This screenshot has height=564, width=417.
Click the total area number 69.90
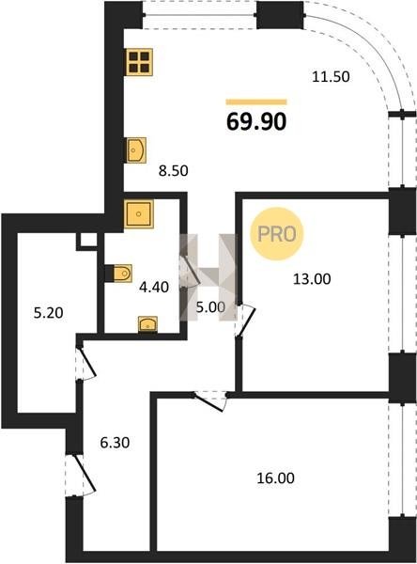click(x=256, y=121)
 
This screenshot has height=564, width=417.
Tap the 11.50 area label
click(x=331, y=77)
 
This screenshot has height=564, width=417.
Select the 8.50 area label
click(x=174, y=171)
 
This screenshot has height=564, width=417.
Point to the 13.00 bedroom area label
click(x=312, y=279)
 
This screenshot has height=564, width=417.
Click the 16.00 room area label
click(x=276, y=478)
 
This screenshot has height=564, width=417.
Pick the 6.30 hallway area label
click(x=115, y=443)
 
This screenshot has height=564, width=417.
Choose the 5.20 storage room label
click(x=48, y=313)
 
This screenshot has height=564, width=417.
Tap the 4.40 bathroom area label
click(x=154, y=287)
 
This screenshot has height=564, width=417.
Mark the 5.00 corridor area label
click(x=210, y=306)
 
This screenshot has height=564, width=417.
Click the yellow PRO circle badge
click(x=277, y=234)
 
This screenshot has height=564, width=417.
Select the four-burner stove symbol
click(x=140, y=62)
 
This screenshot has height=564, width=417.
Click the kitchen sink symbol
click(x=136, y=150)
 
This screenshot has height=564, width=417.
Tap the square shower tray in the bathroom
click(x=139, y=214)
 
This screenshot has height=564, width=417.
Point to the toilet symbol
click(x=119, y=274)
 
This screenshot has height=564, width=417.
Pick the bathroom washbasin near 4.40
click(x=148, y=324)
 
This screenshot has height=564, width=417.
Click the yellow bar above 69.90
click(x=256, y=102)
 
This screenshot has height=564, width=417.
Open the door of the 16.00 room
click(x=210, y=400)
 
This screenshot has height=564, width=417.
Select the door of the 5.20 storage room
click(x=86, y=363)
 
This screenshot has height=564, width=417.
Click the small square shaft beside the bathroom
click(x=87, y=241)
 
